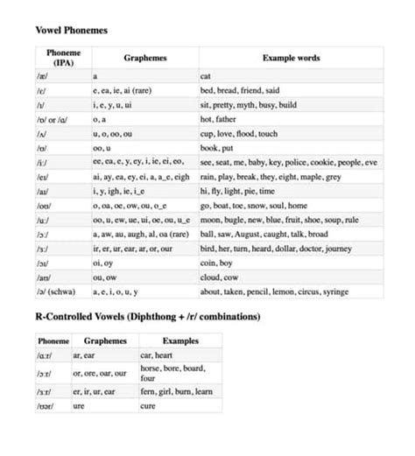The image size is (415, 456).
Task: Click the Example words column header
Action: (291, 59)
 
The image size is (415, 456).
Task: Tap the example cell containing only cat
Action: (206, 77)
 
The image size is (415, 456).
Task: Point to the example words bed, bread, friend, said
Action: (239, 90)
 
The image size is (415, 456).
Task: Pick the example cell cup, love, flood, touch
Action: (238, 134)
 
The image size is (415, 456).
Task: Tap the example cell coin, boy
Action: (215, 262)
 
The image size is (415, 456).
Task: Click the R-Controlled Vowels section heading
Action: (148, 316)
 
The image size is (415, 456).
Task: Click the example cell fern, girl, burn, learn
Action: (176, 392)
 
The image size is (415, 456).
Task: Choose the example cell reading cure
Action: (148, 406)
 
